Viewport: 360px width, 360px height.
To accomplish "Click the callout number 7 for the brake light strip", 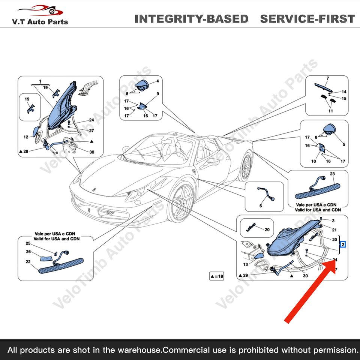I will click(327, 79).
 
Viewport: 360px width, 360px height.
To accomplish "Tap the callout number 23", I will click(332, 174).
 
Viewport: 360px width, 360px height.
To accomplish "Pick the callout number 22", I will click(28, 262).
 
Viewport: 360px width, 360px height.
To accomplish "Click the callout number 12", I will click(26, 137).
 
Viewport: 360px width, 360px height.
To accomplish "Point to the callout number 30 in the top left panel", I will click(91, 152).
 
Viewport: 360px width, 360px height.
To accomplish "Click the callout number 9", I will click(158, 93).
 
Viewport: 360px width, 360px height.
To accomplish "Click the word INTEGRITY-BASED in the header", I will click(191, 19).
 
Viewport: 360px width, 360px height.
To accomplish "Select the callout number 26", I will click(28, 252).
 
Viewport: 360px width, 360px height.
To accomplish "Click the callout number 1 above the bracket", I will click(40, 81).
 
